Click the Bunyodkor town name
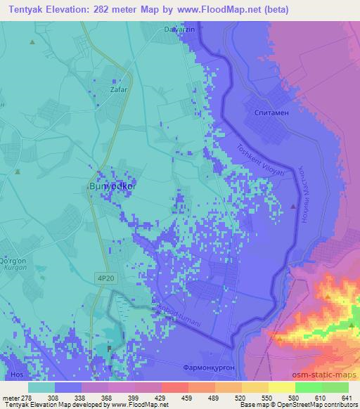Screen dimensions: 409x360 pos(112,187)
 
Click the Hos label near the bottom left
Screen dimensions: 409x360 pos(16,375)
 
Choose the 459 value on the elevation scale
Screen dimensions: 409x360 pos(188,397)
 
